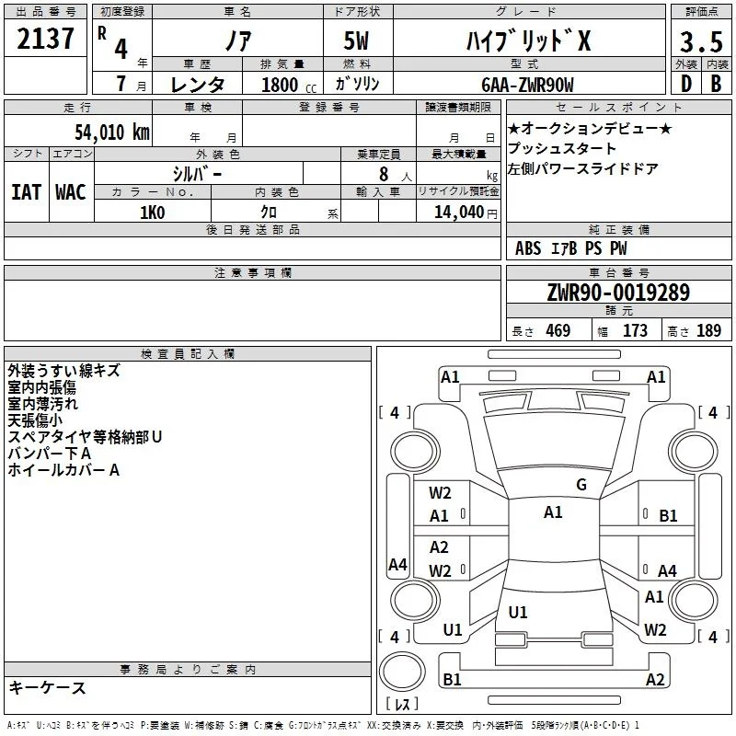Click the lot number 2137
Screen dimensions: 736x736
click(45, 39)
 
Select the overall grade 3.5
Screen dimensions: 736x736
click(701, 41)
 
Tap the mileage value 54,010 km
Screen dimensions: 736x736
click(112, 132)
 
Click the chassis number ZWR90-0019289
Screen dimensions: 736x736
click(618, 293)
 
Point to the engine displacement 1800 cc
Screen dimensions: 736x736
click(289, 85)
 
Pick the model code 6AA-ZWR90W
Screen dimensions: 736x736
click(527, 85)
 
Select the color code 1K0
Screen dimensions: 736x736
click(153, 213)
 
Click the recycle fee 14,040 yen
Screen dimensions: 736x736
click(466, 213)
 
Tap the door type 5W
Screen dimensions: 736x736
click(356, 40)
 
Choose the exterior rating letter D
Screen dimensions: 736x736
click(686, 84)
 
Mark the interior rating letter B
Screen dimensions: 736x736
click(716, 84)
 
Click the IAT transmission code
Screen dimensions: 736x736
click(26, 192)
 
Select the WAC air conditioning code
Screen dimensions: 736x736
click(71, 192)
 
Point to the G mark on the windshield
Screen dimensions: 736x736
click(581, 484)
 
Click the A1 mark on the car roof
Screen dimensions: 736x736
click(553, 512)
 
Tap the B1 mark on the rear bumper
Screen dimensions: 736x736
click(452, 679)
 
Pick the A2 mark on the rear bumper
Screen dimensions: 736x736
click(655, 679)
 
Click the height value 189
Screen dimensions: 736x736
click(708, 331)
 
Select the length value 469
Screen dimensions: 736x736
click(558, 331)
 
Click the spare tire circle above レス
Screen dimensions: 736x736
click(402, 671)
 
